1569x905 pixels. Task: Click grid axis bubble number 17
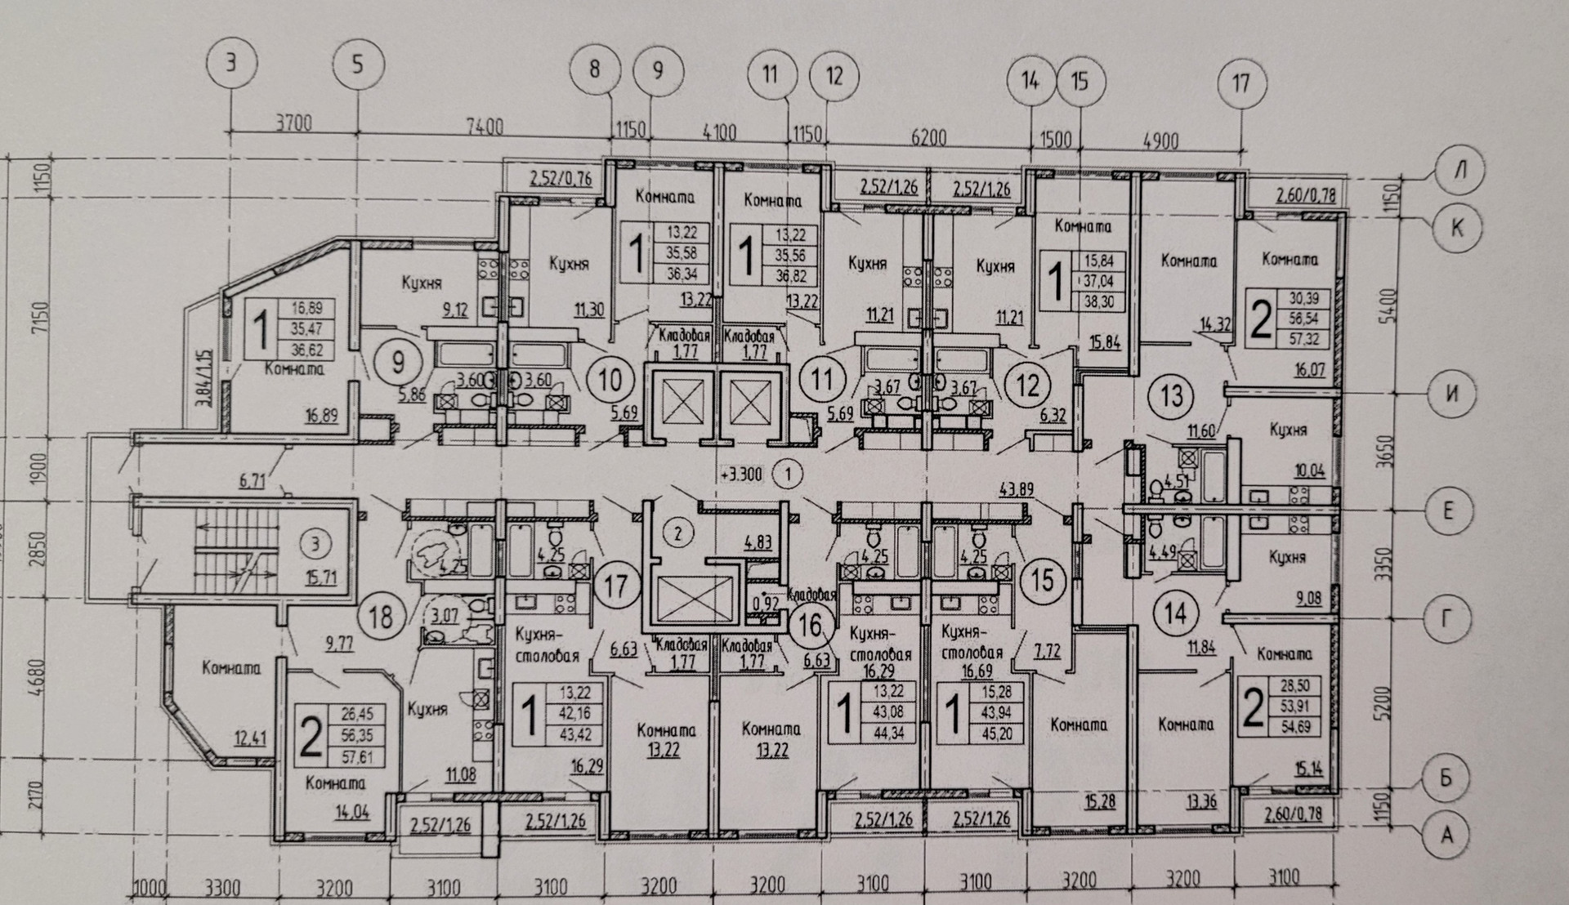coord(1240,82)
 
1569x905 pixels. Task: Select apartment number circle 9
coord(398,360)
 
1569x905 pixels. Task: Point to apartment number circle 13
coord(1172,396)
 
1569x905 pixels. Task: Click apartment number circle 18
coord(382,617)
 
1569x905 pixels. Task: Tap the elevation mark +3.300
coord(742,474)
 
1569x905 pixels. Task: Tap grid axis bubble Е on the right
coord(1447,512)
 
